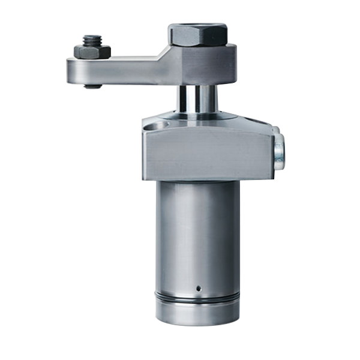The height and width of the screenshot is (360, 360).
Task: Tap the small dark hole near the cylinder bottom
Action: point(197,287)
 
